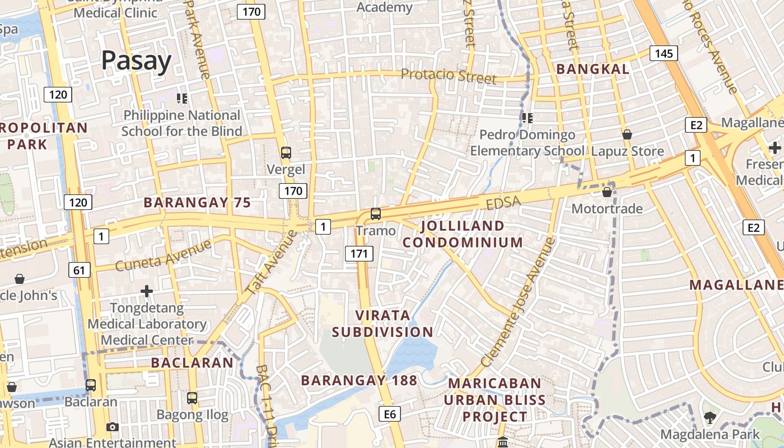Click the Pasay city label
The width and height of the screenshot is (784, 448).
click(136, 60)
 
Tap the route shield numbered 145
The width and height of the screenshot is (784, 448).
click(664, 53)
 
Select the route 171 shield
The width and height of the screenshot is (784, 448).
click(358, 254)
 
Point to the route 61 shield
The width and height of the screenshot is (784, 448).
click(79, 270)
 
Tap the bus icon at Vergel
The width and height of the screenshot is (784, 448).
click(286, 152)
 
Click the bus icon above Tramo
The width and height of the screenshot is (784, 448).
click(375, 213)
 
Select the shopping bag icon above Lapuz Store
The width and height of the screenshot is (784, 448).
click(627, 134)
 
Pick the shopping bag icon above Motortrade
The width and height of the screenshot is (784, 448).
click(606, 192)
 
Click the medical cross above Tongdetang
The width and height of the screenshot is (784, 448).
click(147, 291)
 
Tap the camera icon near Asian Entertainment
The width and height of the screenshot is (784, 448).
click(113, 427)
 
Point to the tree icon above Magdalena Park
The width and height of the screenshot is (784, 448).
click(710, 417)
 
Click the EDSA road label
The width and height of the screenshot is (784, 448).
click(503, 202)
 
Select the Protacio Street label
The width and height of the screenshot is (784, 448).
click(449, 76)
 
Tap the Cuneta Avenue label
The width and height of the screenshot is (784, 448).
click(164, 255)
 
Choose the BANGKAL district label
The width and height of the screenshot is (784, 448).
click(593, 69)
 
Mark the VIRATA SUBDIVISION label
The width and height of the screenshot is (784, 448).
click(382, 323)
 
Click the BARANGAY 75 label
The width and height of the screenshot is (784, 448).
click(197, 202)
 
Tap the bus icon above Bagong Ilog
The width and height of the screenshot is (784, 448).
click(192, 398)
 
